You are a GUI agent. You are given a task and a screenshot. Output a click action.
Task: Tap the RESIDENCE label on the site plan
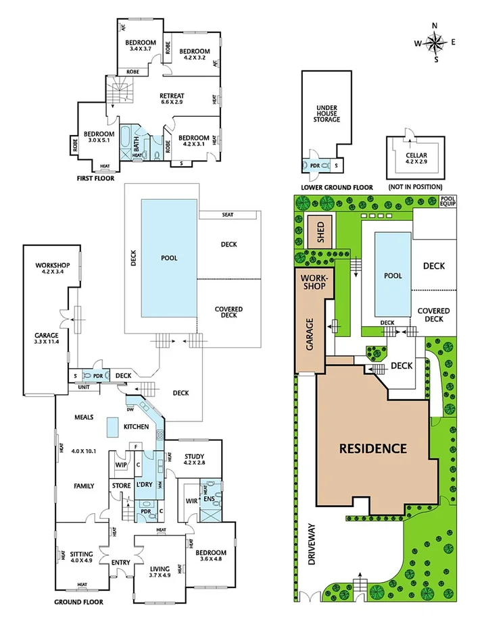pyautogui.click(x=372, y=448)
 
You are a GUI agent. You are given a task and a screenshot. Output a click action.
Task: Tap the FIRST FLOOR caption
pyautogui.click(x=95, y=179)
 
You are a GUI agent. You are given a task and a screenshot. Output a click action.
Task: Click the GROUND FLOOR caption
pyautogui.click(x=78, y=602)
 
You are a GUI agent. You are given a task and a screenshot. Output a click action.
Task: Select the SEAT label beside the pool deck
pyautogui.click(x=228, y=215)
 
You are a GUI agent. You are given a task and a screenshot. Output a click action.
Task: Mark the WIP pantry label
pyautogui.click(x=121, y=465)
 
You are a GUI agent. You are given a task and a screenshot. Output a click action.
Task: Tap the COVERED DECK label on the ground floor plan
pyautogui.click(x=228, y=313)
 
